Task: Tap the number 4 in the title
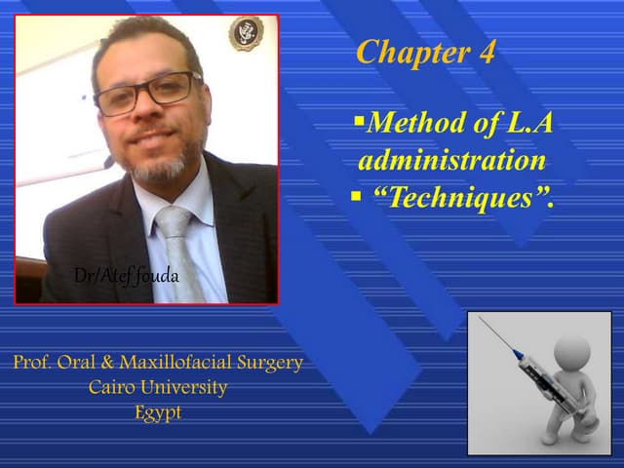[x=485, y=52]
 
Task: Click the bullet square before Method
[x=359, y=121]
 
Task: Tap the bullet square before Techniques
[x=357, y=197]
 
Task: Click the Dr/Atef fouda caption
[x=127, y=275]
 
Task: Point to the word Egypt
[x=158, y=411]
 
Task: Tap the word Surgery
[x=274, y=363]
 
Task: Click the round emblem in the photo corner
[x=245, y=33]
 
